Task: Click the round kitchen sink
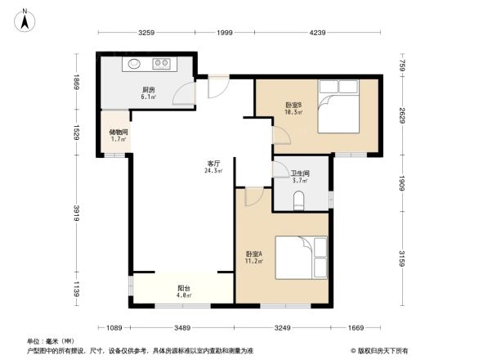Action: click(x=134, y=62)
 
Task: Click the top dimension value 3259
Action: click(x=146, y=33)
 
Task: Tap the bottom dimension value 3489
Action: click(x=182, y=327)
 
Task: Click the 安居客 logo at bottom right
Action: click(x=380, y=351)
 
